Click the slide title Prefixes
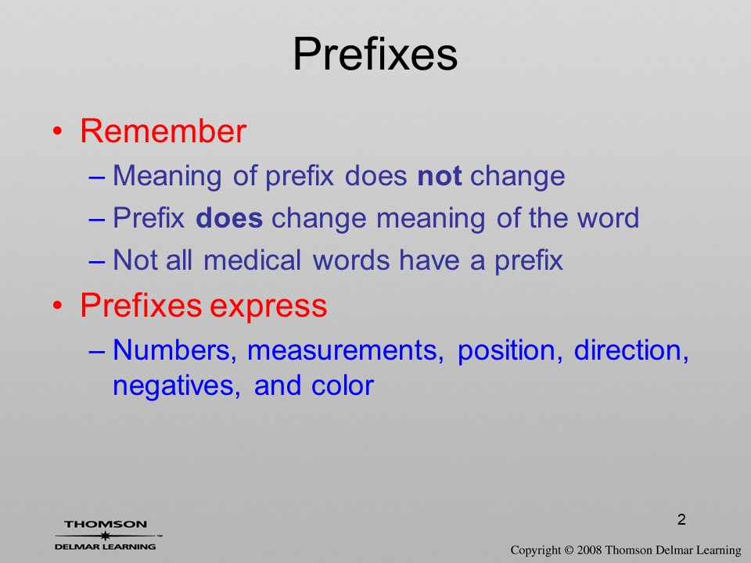[375, 54]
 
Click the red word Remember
[163, 131]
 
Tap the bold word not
[439, 176]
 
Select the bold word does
[229, 218]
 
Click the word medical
[252, 260]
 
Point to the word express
[268, 306]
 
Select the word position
[509, 351]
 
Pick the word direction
[631, 350]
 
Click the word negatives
[176, 386]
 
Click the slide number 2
[681, 519]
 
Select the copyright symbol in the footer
[569, 550]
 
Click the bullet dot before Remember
[57, 131]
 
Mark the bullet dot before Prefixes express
[57, 306]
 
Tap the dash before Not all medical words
[96, 262]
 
